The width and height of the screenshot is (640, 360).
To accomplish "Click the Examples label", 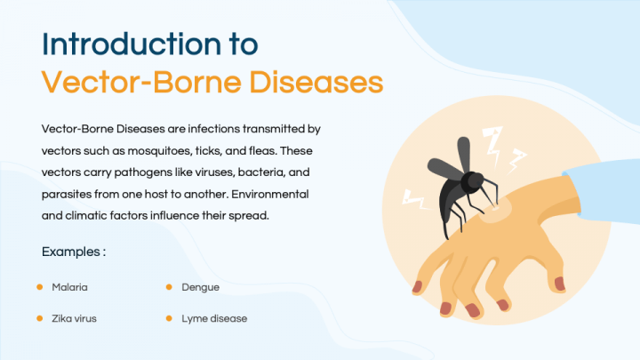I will (x=74, y=252).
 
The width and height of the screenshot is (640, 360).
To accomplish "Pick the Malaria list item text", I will (x=69, y=287).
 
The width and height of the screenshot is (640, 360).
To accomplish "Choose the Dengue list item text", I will (x=200, y=287).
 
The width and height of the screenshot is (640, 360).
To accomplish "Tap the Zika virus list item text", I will (x=74, y=317).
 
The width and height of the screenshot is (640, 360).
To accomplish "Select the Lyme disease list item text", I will (x=214, y=317).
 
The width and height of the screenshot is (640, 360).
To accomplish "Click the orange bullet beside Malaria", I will (x=40, y=287).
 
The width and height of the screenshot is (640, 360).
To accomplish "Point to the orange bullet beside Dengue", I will (x=169, y=287).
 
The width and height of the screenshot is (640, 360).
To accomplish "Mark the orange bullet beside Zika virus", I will (x=40, y=317).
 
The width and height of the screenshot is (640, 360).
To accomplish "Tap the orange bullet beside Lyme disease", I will (x=169, y=317).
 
